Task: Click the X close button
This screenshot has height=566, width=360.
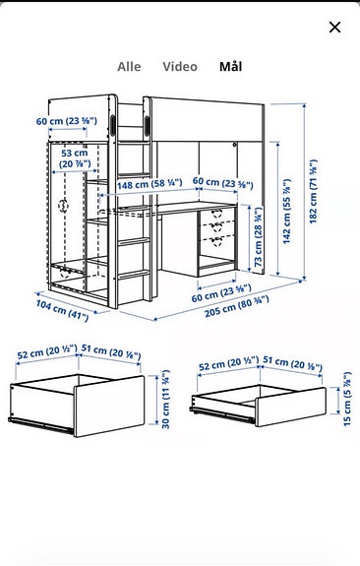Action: point(334,28)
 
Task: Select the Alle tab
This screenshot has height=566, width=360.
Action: point(129,67)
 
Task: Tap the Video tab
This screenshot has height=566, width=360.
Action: point(180,67)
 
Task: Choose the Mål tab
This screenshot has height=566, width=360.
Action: point(231,67)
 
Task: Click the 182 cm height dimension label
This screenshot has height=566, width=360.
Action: point(313,194)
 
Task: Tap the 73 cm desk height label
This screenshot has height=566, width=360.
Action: point(258,242)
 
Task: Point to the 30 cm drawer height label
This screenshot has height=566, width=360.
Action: point(164,409)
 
